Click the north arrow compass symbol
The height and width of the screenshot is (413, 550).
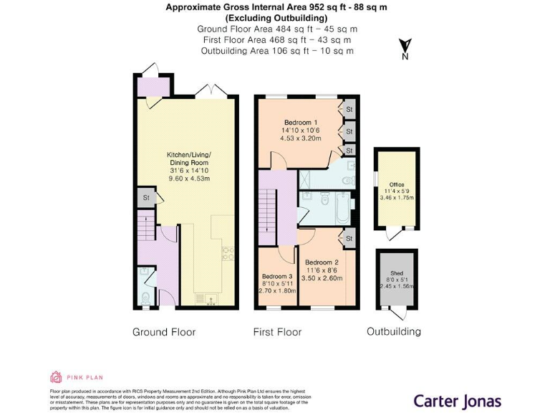405,48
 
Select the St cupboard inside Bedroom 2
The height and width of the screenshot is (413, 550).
349,238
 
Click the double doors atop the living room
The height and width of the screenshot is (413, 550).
212,90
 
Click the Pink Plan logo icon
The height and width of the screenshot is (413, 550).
56,377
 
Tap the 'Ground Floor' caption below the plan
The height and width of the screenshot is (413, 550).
164,332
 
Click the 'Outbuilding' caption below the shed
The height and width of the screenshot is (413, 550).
394,331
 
